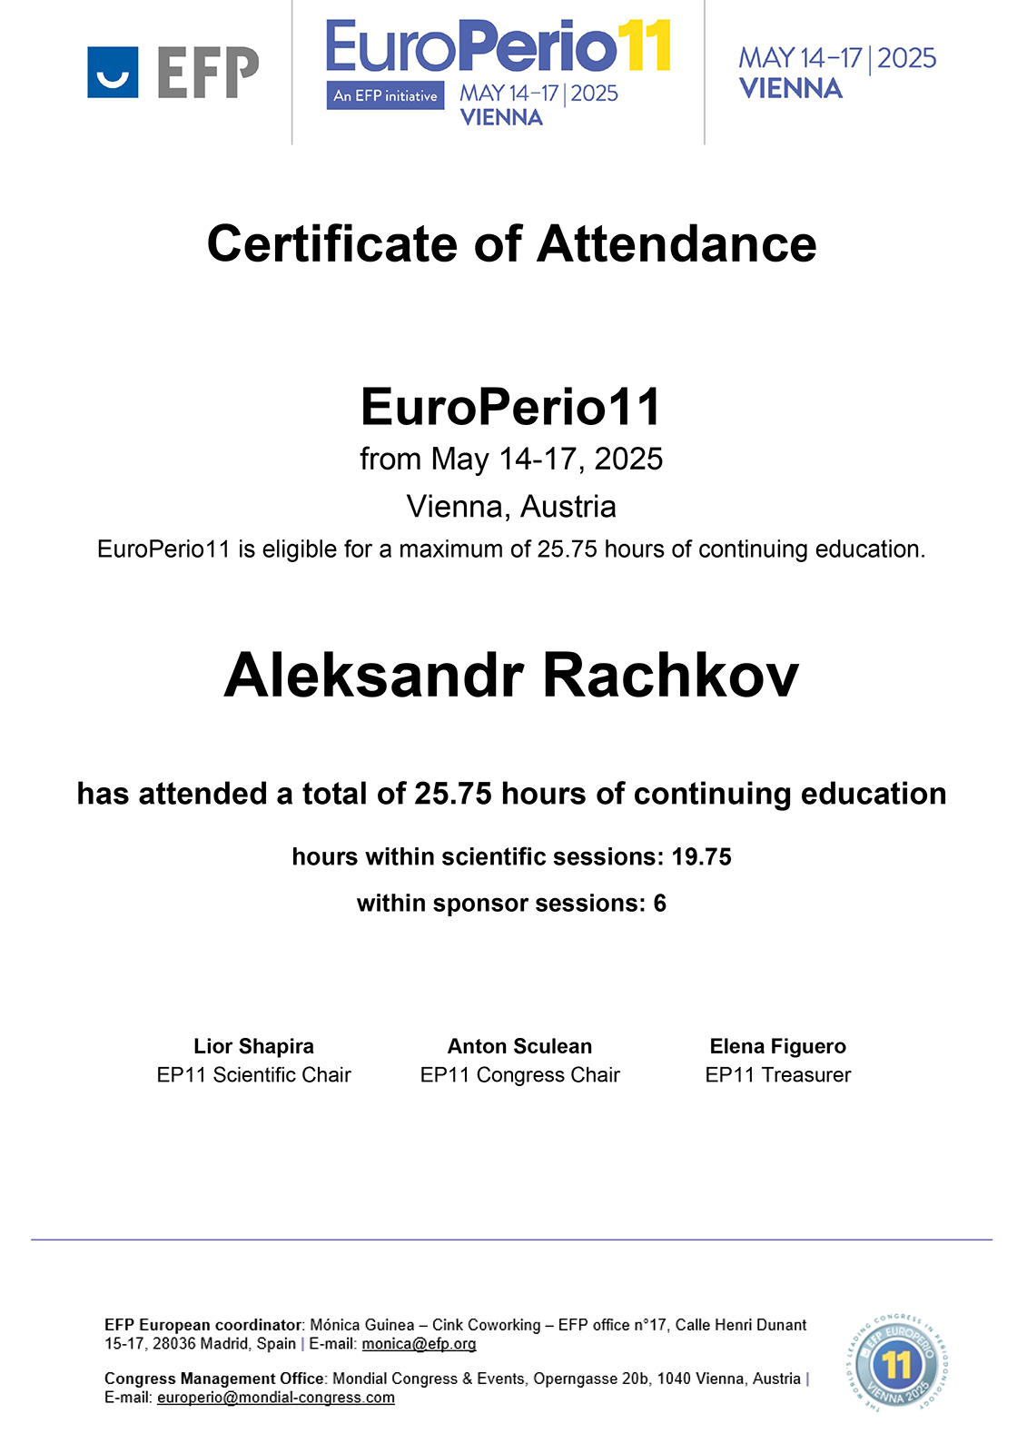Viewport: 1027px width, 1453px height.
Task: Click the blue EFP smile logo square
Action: (113, 72)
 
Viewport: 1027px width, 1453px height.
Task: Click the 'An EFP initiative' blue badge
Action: (385, 95)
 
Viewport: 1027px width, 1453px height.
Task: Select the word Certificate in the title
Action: (332, 244)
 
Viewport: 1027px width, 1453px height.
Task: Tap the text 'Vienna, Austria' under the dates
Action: (511, 506)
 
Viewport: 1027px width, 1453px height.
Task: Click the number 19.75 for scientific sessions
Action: (701, 856)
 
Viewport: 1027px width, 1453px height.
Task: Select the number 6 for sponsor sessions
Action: (659, 904)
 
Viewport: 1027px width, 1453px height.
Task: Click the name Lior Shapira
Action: (253, 1046)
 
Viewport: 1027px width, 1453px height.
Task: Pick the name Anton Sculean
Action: (519, 1046)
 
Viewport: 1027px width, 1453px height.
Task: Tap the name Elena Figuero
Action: (777, 1046)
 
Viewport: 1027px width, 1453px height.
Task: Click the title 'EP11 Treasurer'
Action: (777, 1075)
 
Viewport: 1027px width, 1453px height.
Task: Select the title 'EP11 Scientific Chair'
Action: (253, 1075)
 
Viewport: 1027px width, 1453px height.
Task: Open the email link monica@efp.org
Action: (419, 1344)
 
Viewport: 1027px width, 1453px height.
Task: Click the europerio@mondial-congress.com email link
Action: (275, 1398)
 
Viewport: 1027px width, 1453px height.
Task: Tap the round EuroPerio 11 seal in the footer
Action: (896, 1362)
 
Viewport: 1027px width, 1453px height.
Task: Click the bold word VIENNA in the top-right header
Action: (790, 89)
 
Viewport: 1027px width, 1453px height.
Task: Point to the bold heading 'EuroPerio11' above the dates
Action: (511, 407)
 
